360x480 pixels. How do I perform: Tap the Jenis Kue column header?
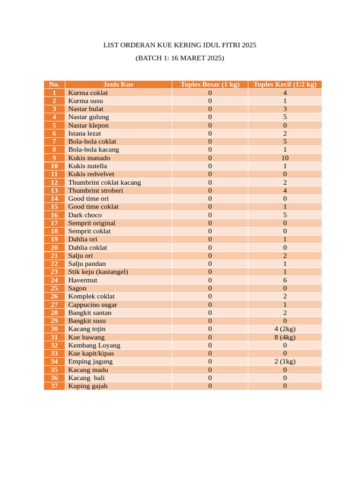(x=118, y=84)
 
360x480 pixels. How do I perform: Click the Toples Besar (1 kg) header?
(x=210, y=84)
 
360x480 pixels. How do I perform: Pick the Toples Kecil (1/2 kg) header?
(x=285, y=84)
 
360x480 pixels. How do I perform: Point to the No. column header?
(x=54, y=84)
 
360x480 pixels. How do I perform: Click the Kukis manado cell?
(x=89, y=158)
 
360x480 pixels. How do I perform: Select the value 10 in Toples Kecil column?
(x=285, y=158)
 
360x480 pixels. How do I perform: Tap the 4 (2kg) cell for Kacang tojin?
(x=285, y=329)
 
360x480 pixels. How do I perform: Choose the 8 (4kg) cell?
(x=285, y=337)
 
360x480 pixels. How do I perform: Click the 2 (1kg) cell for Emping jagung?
(x=285, y=361)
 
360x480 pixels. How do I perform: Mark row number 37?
(x=54, y=386)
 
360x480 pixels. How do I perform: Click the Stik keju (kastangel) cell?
(x=98, y=272)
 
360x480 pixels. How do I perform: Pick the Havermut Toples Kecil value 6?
(x=285, y=280)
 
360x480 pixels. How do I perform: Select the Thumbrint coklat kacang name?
(x=105, y=182)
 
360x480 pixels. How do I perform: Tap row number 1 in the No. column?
(x=54, y=93)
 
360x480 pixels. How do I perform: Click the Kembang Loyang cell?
(x=94, y=345)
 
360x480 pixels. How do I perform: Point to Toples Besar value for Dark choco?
(x=210, y=215)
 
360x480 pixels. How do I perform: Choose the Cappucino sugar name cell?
(x=93, y=305)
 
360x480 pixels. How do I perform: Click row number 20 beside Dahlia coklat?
(x=54, y=247)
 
